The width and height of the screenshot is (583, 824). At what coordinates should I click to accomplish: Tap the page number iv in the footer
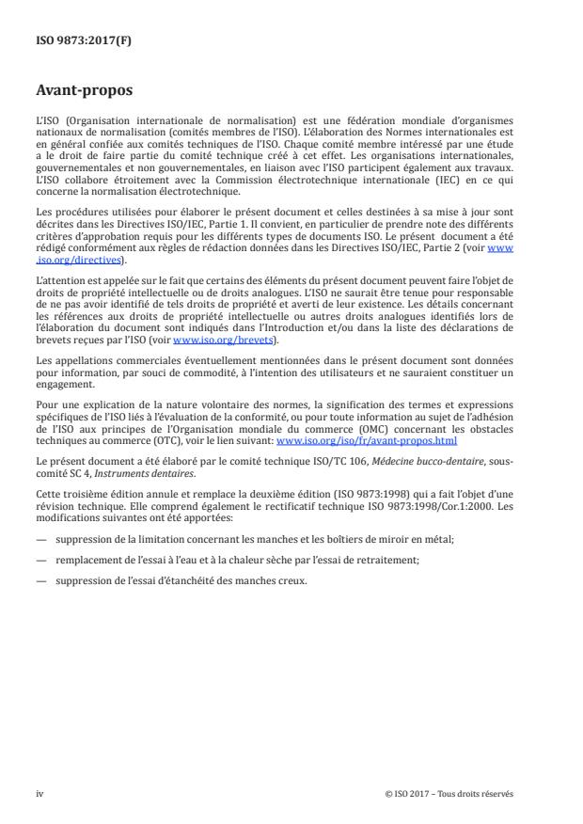[x=39, y=794]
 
